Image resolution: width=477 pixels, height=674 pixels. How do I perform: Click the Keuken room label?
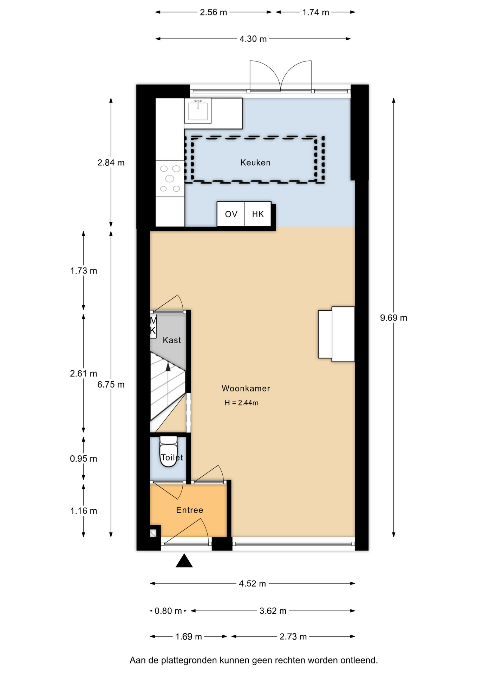(x=255, y=163)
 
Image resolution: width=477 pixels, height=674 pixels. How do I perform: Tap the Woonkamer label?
(x=246, y=388)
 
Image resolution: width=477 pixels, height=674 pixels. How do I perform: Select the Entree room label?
(x=190, y=510)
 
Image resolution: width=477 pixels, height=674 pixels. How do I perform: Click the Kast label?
(x=172, y=340)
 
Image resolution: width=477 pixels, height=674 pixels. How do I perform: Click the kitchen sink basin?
(x=198, y=111)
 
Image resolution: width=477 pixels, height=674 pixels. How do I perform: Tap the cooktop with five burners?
(x=170, y=179)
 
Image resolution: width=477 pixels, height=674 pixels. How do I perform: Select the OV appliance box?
(x=231, y=214)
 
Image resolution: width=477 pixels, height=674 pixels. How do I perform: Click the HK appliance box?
(x=258, y=214)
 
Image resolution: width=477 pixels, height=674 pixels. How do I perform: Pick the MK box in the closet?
(x=153, y=326)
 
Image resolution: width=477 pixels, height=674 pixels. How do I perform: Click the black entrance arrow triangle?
(x=184, y=561)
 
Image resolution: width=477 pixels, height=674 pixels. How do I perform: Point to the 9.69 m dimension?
(x=394, y=318)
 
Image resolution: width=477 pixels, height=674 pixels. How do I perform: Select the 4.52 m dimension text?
(x=252, y=583)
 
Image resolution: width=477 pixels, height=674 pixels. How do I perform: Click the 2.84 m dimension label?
(x=111, y=163)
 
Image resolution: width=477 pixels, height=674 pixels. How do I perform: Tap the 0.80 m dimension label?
(x=168, y=611)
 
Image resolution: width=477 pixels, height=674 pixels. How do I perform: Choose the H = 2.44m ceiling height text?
(x=241, y=403)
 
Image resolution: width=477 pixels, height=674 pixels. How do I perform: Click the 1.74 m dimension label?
(x=316, y=12)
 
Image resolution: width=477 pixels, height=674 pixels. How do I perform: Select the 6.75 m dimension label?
(x=111, y=384)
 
